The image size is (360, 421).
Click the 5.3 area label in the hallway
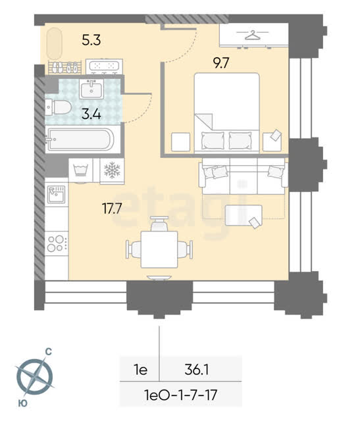pyautogui.click(x=91, y=40)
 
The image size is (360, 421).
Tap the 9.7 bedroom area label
pyautogui.click(x=221, y=63)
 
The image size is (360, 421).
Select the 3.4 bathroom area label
pyautogui.click(x=91, y=114)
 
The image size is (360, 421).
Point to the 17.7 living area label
pyautogui.click(x=112, y=209)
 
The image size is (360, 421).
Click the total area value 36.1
pyautogui.click(x=197, y=370)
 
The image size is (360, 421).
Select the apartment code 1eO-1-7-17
pyautogui.click(x=180, y=395)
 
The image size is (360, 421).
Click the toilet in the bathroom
pyautogui.click(x=59, y=107)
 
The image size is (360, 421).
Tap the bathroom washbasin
pyautogui.click(x=91, y=89)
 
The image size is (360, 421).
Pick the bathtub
pyautogui.click(x=80, y=139)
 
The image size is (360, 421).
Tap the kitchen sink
pyautogui.click(x=57, y=194)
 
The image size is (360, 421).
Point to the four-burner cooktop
pyautogui.click(x=57, y=243)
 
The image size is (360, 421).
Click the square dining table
pyautogui.click(x=159, y=249)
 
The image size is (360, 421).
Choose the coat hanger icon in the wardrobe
pyautogui.click(x=253, y=35)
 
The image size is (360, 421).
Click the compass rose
pyautogui.click(x=34, y=376)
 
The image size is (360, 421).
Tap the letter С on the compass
pyautogui.click(x=48, y=352)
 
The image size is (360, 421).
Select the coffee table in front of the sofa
pyautogui.click(x=244, y=215)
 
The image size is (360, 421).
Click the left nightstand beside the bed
pyautogui.click(x=180, y=142)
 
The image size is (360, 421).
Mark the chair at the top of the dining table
pyautogui.click(x=159, y=224)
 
